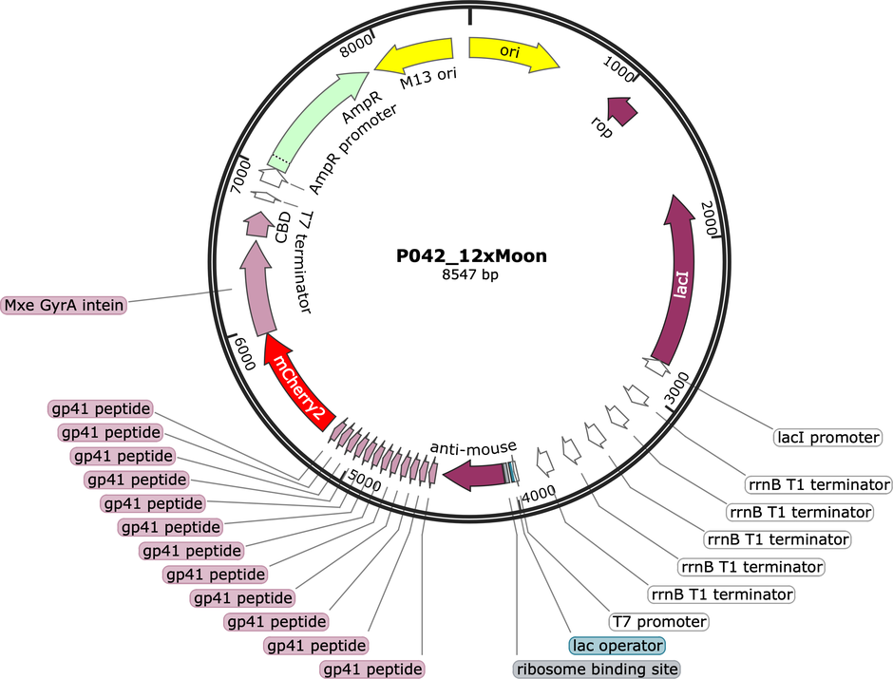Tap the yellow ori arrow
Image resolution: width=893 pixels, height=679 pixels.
click(514, 53)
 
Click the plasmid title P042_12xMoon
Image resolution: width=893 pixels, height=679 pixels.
click(471, 255)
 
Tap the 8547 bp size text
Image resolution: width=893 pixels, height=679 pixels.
click(470, 274)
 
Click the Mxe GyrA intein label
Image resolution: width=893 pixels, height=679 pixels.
click(64, 305)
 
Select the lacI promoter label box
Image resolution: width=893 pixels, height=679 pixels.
click(828, 437)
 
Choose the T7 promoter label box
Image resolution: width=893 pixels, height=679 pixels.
click(659, 621)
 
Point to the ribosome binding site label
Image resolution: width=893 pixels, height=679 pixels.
click(598, 670)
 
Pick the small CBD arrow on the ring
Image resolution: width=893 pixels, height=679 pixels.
click(256, 224)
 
